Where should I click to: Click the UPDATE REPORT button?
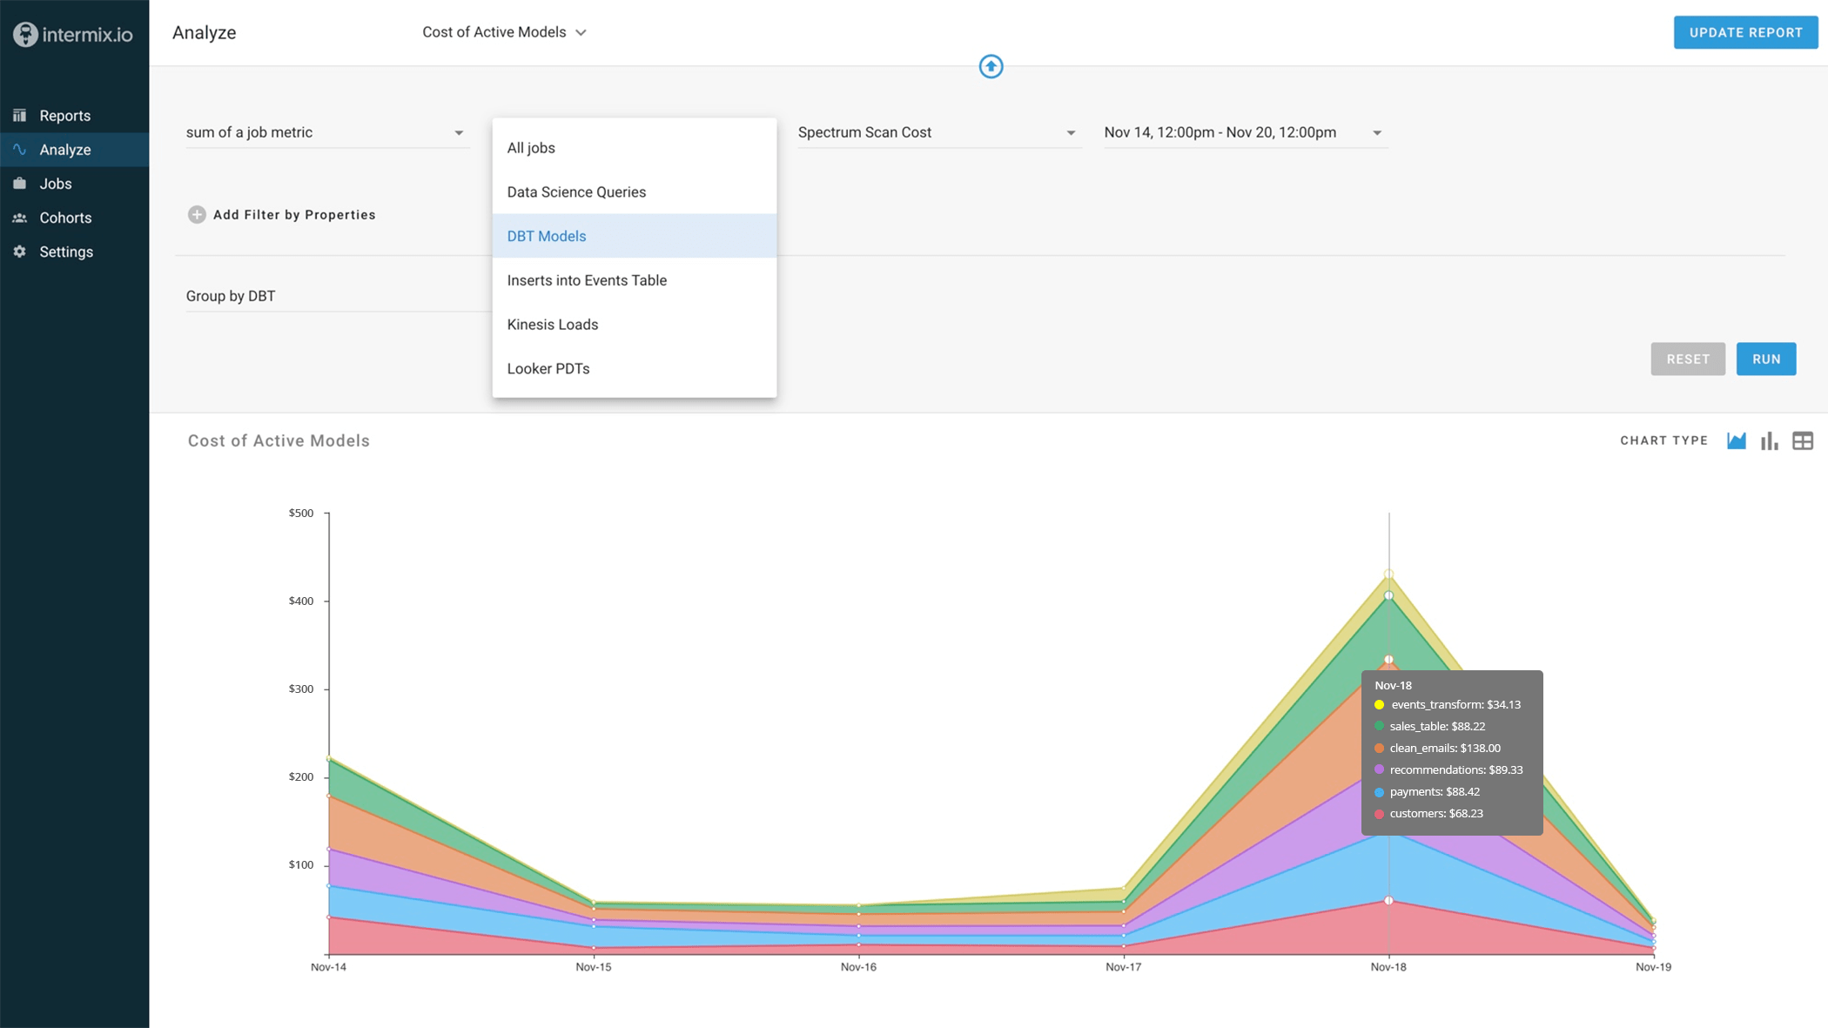click(1745, 32)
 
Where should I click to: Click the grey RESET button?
click(1687, 359)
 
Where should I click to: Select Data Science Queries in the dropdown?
click(576, 192)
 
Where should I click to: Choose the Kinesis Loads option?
click(553, 325)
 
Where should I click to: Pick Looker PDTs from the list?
click(548, 369)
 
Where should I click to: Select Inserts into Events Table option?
click(587, 280)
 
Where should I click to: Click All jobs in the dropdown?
click(531, 148)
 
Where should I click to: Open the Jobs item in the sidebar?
click(56, 184)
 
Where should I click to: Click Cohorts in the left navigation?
click(65, 218)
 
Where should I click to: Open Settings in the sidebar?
click(66, 252)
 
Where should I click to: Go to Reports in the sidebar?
click(64, 116)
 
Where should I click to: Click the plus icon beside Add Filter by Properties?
click(197, 215)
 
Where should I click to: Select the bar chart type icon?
click(1769, 441)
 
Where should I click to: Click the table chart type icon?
click(1802, 441)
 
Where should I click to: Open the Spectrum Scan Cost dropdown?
click(937, 132)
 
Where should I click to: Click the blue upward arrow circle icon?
click(991, 66)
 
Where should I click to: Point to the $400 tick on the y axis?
click(301, 601)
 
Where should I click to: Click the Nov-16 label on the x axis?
click(858, 967)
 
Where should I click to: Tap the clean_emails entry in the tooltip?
click(1444, 749)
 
